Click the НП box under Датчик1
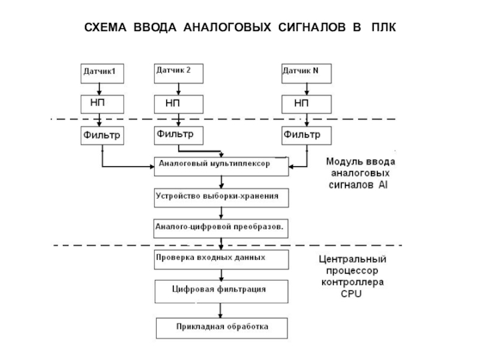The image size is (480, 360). point(102,103)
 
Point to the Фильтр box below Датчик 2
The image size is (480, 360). point(179,136)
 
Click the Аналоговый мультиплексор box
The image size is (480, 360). point(222,166)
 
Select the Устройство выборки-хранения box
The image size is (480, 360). point(222,197)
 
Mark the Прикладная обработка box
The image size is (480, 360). point(222,328)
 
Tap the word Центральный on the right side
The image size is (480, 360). point(351,260)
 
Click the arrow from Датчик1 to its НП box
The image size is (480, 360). point(102,89)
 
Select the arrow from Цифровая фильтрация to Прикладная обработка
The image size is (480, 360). point(222,310)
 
